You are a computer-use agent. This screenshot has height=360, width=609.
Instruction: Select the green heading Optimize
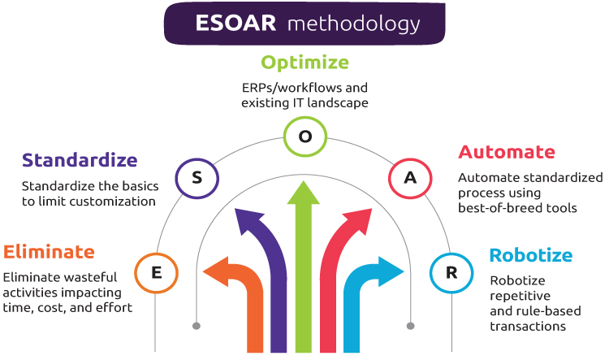pos(304,62)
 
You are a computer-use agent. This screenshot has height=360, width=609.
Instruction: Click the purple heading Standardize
pos(80,159)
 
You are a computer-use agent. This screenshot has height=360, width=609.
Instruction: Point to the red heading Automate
pos(507,152)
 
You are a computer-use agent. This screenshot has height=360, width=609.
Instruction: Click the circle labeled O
pos(305,137)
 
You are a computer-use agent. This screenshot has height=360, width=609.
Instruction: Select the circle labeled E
pos(155,272)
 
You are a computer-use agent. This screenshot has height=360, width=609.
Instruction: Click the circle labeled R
pos(451,272)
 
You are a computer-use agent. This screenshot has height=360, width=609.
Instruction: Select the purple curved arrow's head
pos(244,219)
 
